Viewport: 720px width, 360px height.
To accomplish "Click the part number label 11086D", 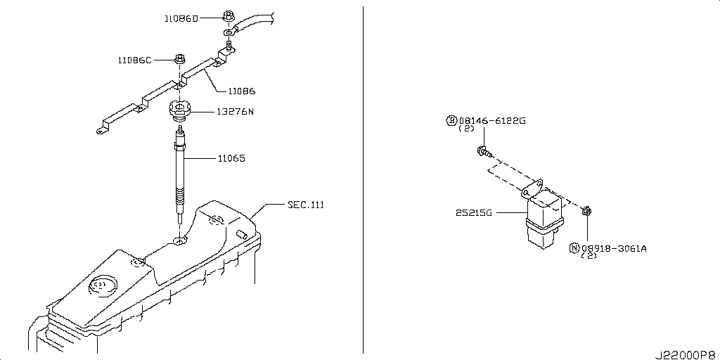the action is click(181, 19).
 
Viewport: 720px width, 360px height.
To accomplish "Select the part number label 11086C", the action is click(134, 60).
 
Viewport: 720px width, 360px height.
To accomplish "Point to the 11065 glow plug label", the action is click(231, 158).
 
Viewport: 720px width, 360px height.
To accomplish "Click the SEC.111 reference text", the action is click(305, 205).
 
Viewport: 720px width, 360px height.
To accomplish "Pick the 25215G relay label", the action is click(473, 213).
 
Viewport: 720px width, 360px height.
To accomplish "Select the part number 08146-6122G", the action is click(491, 121).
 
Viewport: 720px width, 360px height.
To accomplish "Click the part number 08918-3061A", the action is click(614, 248).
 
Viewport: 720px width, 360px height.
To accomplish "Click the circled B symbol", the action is click(451, 121).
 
